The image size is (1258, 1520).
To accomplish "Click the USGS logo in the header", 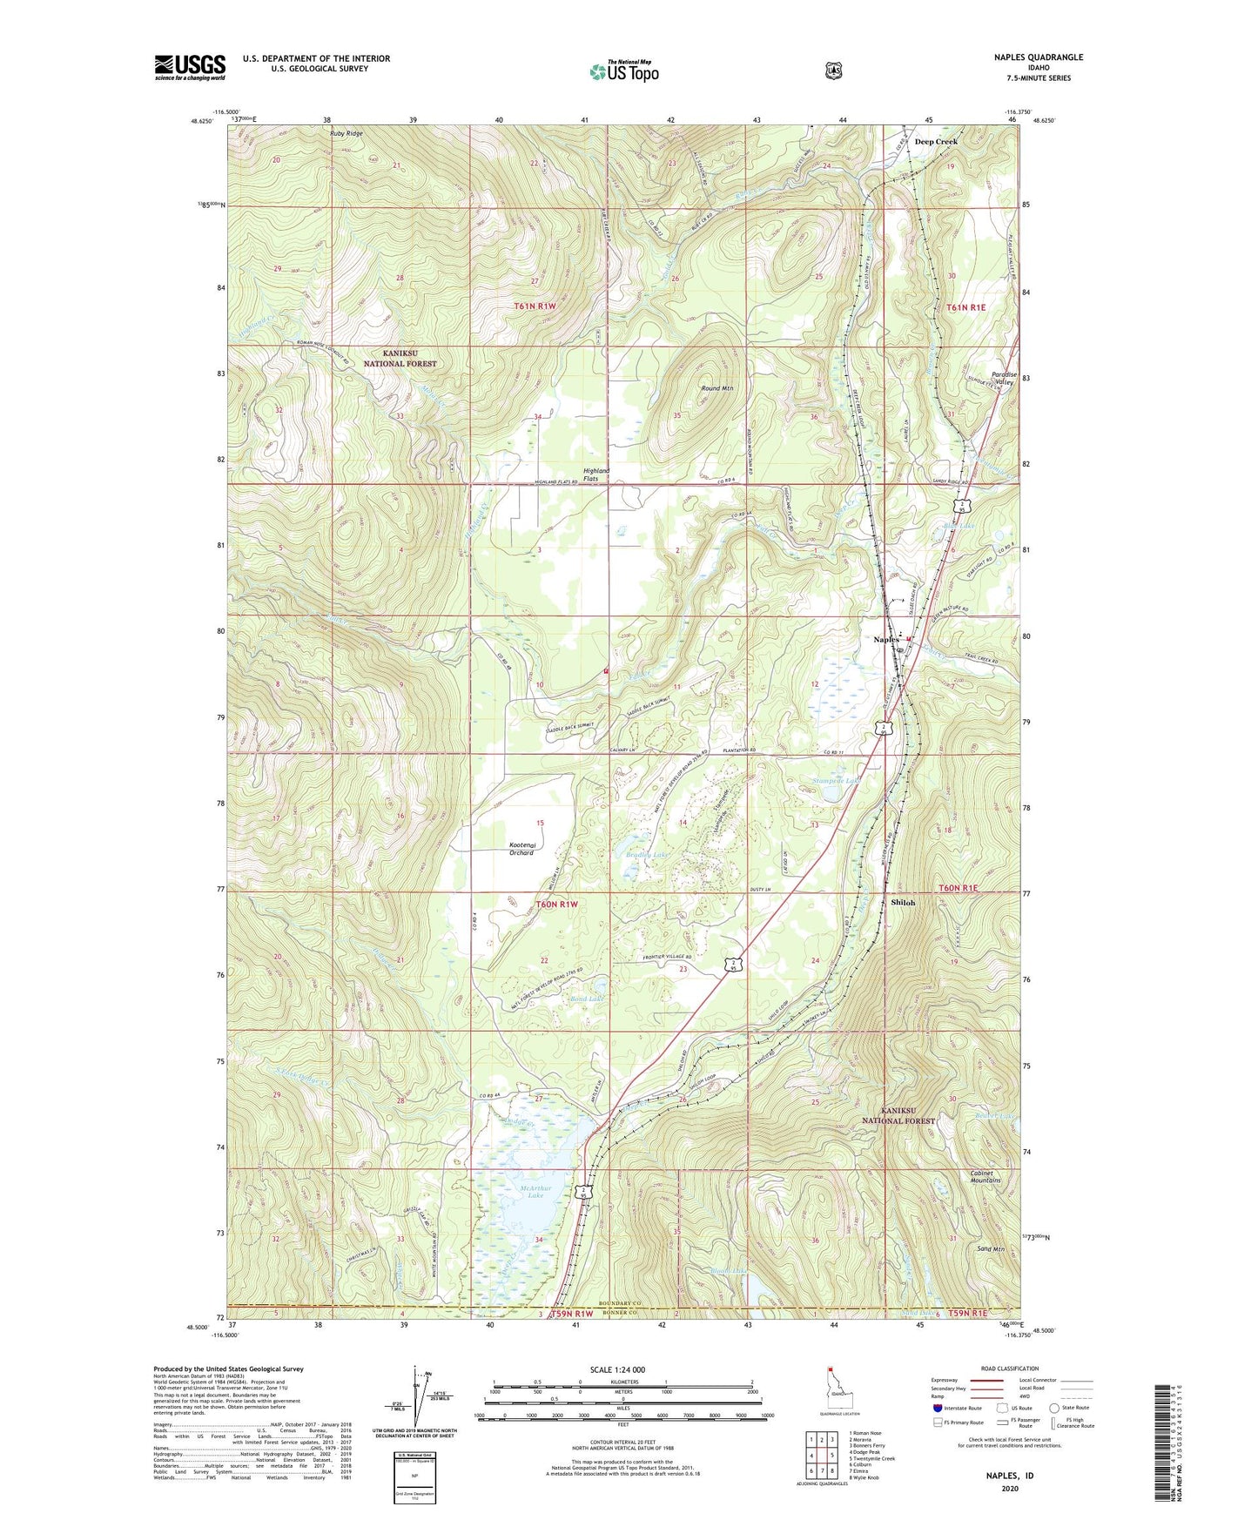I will click(190, 67).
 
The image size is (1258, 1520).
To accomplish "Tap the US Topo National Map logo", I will click(623, 71).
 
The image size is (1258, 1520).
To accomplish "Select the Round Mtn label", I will click(716, 388).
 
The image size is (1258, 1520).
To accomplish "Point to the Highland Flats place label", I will click(596, 475).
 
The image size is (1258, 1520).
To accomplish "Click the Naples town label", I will click(886, 640).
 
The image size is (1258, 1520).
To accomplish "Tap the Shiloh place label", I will click(903, 903).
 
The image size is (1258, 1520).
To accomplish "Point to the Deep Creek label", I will click(936, 142).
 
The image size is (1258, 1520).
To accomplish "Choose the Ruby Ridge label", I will click(346, 134).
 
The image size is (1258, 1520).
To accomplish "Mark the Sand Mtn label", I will click(991, 1249).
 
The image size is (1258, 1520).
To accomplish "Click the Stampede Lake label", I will click(836, 781).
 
